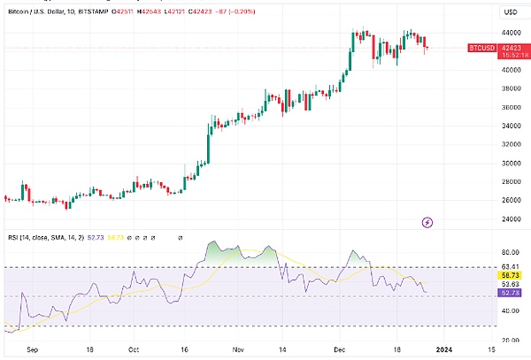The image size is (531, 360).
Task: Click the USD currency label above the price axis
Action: [x=511, y=11]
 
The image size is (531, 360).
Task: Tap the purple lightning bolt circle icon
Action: [x=428, y=222]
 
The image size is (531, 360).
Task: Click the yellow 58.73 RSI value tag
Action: [x=512, y=275]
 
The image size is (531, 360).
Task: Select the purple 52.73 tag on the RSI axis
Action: [x=512, y=293]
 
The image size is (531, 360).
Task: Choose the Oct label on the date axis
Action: [x=134, y=349]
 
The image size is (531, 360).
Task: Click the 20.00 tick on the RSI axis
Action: [x=512, y=339]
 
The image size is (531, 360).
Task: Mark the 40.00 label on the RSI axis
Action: [x=512, y=310]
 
